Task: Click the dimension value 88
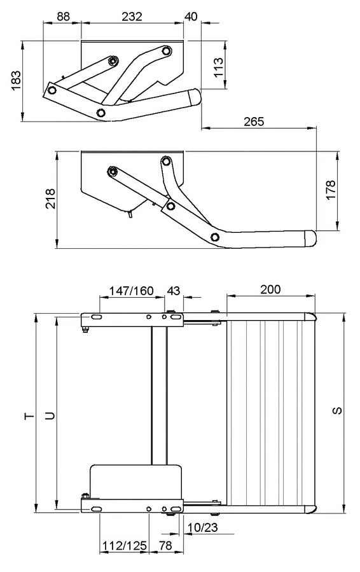[63, 17]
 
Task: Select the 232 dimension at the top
[132, 17]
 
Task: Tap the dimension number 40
[191, 17]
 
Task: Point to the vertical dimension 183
[17, 80]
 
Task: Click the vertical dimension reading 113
[218, 67]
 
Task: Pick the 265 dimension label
[254, 122]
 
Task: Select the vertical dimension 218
[50, 199]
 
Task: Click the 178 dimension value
[331, 190]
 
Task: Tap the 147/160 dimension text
[132, 291]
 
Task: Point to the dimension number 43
[173, 291]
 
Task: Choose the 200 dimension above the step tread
[271, 289]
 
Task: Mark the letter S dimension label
[337, 410]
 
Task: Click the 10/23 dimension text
[202, 527]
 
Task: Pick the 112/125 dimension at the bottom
[125, 546]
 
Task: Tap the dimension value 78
[165, 546]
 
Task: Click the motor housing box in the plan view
[135, 482]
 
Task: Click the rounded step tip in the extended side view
[311, 238]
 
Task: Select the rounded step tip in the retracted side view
[196, 96]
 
